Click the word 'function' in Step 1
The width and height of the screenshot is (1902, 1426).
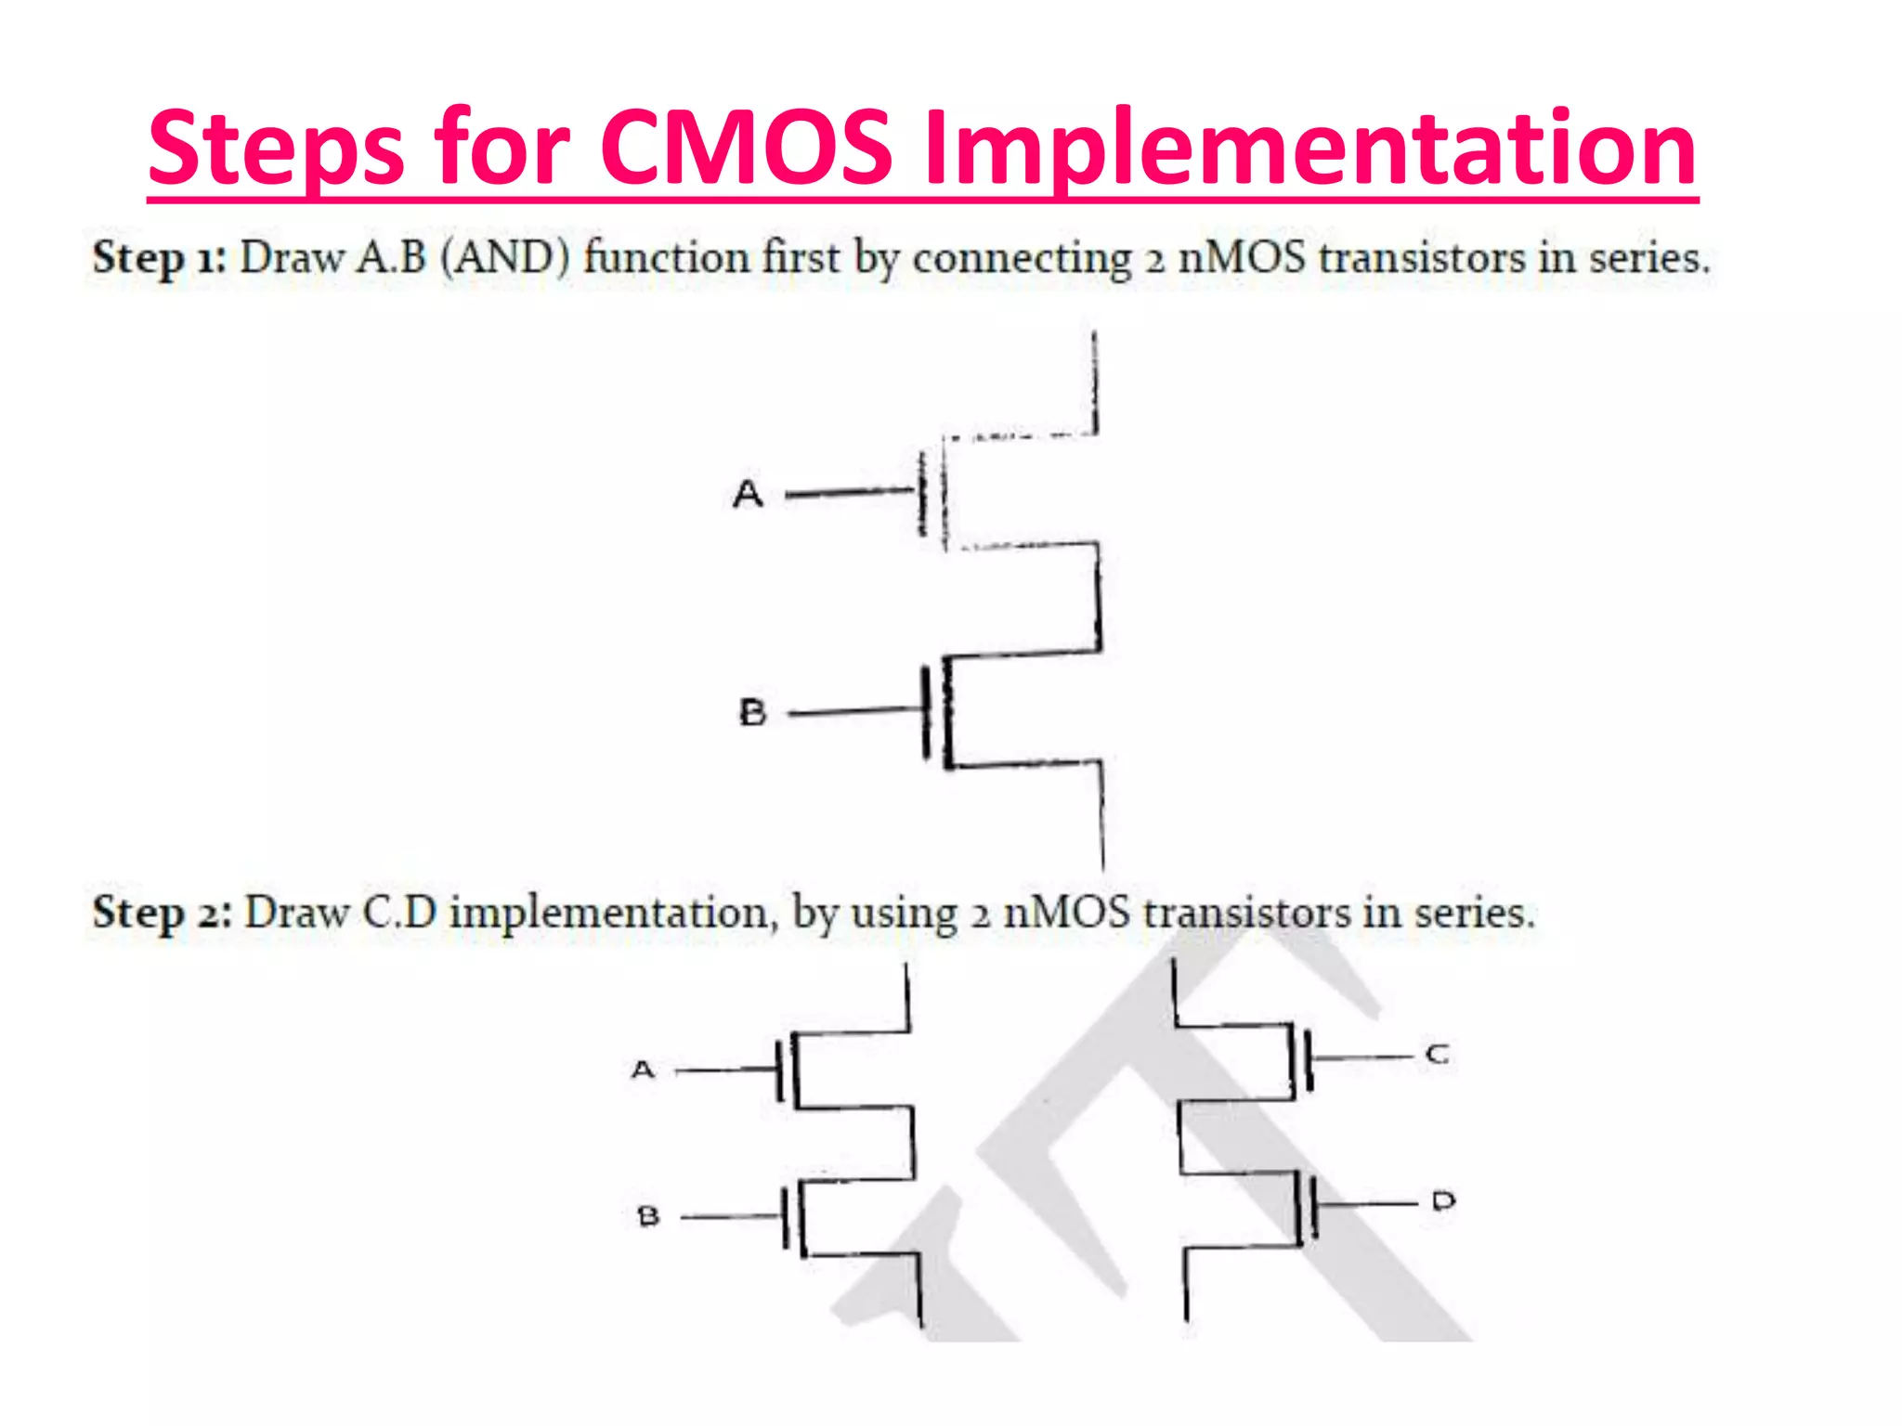coord(666,257)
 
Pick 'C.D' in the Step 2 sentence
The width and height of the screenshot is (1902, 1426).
coord(399,913)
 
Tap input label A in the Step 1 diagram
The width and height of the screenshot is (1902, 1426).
coord(748,494)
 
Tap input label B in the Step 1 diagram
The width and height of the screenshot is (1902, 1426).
coord(752,713)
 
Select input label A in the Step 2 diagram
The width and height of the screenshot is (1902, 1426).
coord(643,1070)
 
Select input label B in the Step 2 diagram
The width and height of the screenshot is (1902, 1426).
coord(648,1216)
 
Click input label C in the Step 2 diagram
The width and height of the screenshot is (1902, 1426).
coord(1437,1055)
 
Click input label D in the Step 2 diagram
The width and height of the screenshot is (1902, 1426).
coord(1443,1201)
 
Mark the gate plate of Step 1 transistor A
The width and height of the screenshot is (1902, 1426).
coord(922,493)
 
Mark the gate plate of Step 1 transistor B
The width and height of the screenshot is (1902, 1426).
coord(927,712)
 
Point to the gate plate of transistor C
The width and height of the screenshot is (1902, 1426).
coord(1309,1058)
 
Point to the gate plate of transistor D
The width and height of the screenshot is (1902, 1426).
coord(1314,1205)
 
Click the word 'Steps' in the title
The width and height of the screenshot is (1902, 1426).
coord(276,149)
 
